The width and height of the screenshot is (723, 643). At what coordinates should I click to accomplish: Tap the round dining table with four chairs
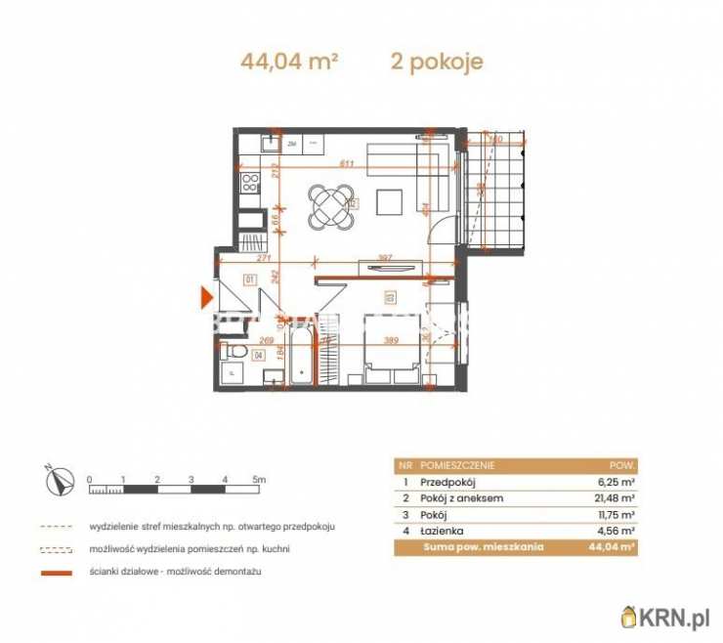tap(330, 206)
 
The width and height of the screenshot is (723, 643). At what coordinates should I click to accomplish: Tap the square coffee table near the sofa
tap(391, 202)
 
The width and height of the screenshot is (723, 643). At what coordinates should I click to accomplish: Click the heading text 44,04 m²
tap(289, 63)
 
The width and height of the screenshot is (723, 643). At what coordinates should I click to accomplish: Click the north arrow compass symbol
tap(58, 480)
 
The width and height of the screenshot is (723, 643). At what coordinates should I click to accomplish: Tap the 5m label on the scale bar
tap(258, 480)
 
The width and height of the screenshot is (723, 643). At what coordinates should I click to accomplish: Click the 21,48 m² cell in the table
tap(617, 498)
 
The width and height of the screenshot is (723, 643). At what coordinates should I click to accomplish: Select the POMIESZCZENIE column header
tap(459, 466)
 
